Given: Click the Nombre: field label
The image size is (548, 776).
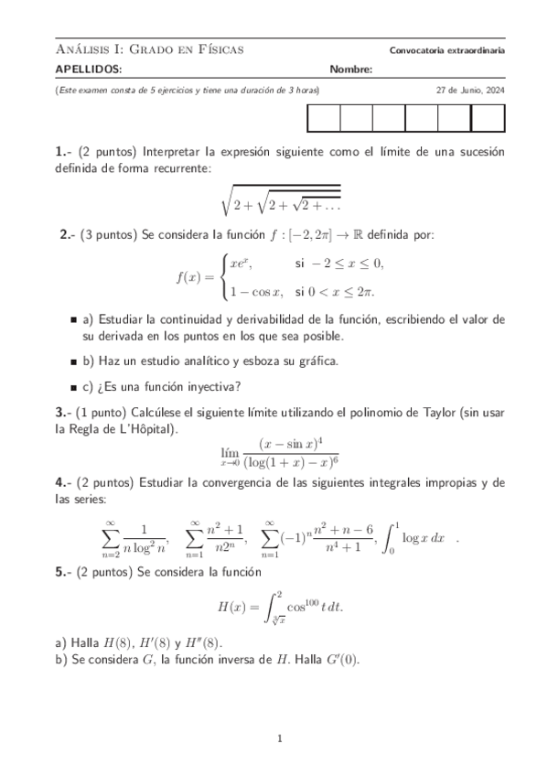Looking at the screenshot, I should (x=351, y=70).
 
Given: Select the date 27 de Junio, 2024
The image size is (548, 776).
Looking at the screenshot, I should (x=470, y=91).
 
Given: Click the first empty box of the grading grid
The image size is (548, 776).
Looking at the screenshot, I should (x=324, y=120).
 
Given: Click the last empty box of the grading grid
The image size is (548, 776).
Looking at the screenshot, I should (x=488, y=120).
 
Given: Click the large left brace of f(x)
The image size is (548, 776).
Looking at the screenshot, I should (x=223, y=277).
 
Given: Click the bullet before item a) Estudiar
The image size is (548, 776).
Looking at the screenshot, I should (x=73, y=320).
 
